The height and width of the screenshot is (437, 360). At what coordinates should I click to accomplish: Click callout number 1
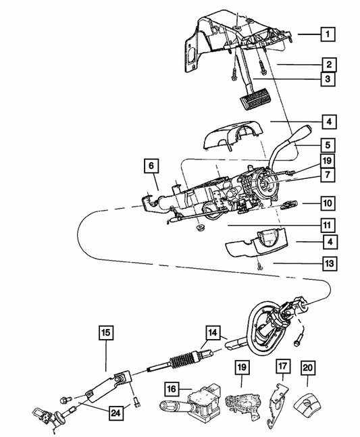[x=326, y=34]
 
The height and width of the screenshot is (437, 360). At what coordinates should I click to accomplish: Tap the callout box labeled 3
[x=326, y=78]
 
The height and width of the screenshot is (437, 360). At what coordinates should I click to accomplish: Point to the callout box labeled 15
[x=106, y=332]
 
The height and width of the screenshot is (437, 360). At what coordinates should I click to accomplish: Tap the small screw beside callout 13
[x=260, y=269]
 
